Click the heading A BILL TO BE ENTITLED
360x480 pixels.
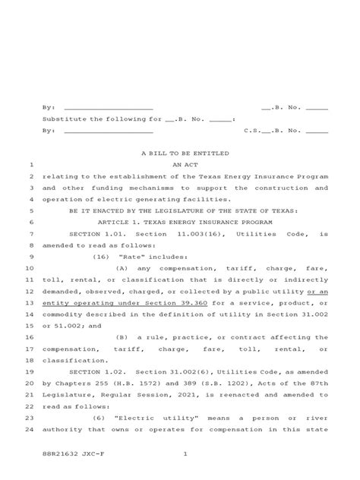tap(185, 153)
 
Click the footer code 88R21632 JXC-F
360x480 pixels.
tap(69, 454)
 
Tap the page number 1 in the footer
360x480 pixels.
tap(185, 454)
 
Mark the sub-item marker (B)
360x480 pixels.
tap(123, 336)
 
